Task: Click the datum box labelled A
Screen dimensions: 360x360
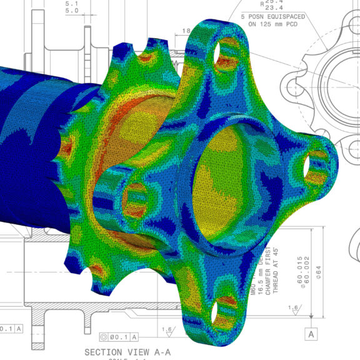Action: click(312, 334)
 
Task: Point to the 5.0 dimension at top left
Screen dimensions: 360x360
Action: click(72, 11)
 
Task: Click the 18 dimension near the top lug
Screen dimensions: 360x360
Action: click(186, 31)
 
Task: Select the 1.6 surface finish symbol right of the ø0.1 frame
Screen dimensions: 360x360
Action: click(166, 329)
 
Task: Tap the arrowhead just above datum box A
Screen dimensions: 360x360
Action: click(312, 322)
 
